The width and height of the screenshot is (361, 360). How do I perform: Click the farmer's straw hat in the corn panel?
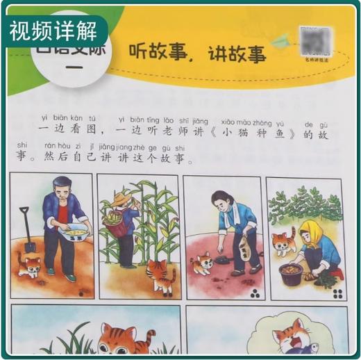pyautogui.click(x=124, y=200)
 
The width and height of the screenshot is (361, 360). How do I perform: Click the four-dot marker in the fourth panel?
pyautogui.click(x=337, y=293)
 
